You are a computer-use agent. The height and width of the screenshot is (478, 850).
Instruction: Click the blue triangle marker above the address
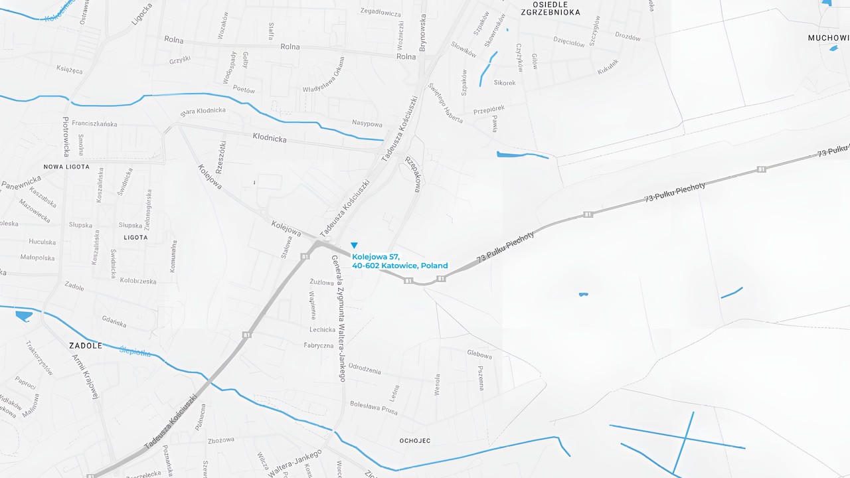click(x=354, y=246)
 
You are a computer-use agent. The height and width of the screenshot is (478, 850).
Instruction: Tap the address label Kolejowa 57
click(x=375, y=256)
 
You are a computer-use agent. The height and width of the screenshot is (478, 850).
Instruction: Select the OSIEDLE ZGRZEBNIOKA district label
click(x=551, y=8)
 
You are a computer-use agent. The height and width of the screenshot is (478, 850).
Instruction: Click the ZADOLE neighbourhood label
click(x=86, y=346)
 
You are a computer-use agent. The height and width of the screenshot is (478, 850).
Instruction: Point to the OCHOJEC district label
click(x=415, y=441)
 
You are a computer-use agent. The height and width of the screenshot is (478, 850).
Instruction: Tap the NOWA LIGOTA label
click(x=66, y=167)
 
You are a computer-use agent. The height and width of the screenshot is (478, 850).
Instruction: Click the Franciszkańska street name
click(x=94, y=123)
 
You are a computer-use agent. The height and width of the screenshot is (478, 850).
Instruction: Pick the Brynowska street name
click(x=422, y=33)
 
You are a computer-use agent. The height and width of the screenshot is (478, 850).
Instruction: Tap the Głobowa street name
click(x=479, y=355)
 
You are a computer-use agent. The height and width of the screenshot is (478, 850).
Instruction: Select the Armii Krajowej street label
click(x=86, y=376)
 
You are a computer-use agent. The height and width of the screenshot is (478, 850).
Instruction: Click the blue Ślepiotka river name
click(x=135, y=351)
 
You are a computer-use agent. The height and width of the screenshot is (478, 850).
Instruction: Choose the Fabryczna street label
click(x=318, y=345)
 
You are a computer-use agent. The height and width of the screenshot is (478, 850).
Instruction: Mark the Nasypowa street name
click(x=367, y=124)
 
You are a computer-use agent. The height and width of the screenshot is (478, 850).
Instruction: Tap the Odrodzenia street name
click(x=365, y=370)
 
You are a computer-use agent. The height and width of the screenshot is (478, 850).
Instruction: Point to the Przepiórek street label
click(x=489, y=110)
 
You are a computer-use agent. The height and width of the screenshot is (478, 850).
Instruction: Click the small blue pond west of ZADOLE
click(x=23, y=315)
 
